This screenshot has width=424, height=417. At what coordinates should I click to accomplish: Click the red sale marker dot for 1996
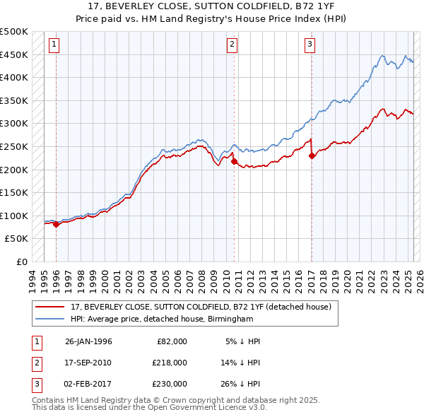click(56, 224)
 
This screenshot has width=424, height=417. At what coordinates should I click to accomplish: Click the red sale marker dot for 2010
click(234, 161)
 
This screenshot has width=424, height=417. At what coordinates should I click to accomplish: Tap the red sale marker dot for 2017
click(312, 156)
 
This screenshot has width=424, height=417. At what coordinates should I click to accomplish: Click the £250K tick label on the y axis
click(14, 146)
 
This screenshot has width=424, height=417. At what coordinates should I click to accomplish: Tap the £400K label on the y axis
click(14, 78)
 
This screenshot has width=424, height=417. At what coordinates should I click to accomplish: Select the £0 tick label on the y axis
click(21, 262)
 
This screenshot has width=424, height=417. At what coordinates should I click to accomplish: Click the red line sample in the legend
click(50, 307)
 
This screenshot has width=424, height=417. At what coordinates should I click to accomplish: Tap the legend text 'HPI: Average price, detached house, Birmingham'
click(162, 319)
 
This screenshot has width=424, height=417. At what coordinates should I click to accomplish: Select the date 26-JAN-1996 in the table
click(88, 341)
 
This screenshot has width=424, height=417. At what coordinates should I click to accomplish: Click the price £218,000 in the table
click(169, 363)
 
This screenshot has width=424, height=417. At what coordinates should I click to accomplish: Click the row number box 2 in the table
click(35, 363)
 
